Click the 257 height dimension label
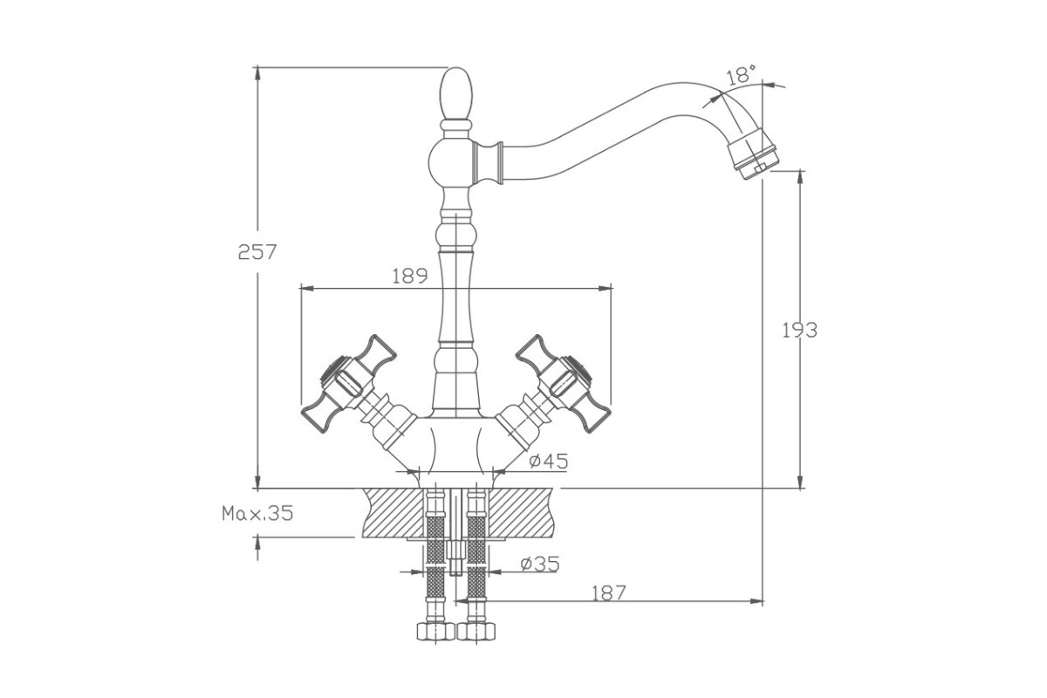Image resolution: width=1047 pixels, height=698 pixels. (x=257, y=252)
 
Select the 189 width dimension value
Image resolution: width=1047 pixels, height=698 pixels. (x=409, y=276)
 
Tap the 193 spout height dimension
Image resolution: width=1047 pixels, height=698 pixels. (x=800, y=331)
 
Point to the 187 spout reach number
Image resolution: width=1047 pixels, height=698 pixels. (x=609, y=594)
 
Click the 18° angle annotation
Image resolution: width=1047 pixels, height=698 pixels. (x=742, y=75)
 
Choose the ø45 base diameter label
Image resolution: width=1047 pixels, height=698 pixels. (x=549, y=461)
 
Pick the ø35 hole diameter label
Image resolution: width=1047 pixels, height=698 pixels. (x=540, y=564)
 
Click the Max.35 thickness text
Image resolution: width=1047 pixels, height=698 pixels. (x=257, y=513)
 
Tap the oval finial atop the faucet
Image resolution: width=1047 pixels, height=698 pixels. (x=456, y=94)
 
